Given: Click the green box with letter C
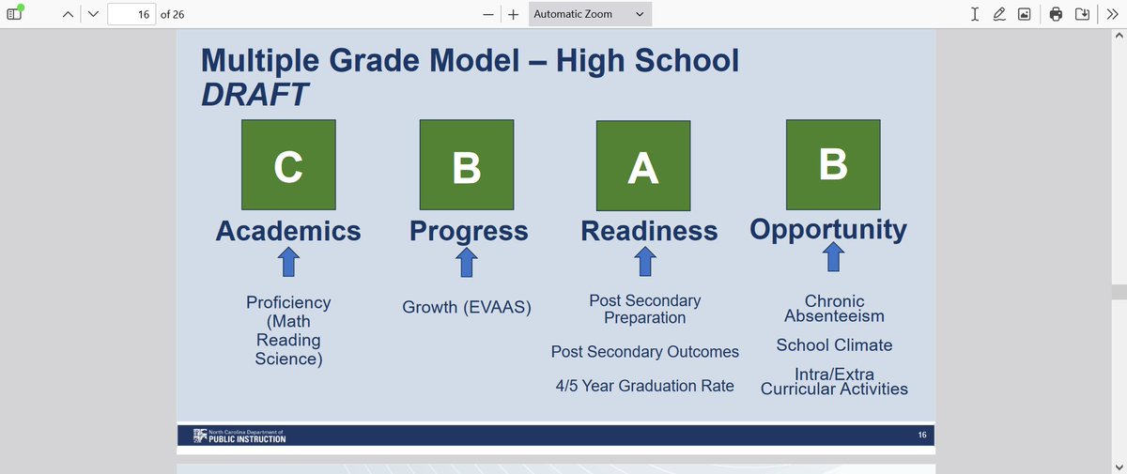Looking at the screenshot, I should (288, 164).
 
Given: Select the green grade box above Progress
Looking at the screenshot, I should (467, 164).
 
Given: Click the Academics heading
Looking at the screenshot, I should (288, 231).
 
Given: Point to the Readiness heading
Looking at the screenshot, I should (649, 231).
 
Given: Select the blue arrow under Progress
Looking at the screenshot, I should (467, 263).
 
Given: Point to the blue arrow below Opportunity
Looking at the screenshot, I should (833, 257).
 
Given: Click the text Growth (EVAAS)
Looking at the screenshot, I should (467, 307).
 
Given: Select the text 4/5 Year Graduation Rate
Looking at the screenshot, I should (645, 386).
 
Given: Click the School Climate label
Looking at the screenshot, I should (834, 344).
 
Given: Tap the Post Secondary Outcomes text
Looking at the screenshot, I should (645, 352).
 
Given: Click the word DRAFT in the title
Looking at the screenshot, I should (255, 94).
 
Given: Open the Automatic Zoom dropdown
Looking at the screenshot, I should (589, 14).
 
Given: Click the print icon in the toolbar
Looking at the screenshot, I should (1057, 14).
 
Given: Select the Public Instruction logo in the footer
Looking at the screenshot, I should (239, 436).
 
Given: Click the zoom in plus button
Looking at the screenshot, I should (514, 14).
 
